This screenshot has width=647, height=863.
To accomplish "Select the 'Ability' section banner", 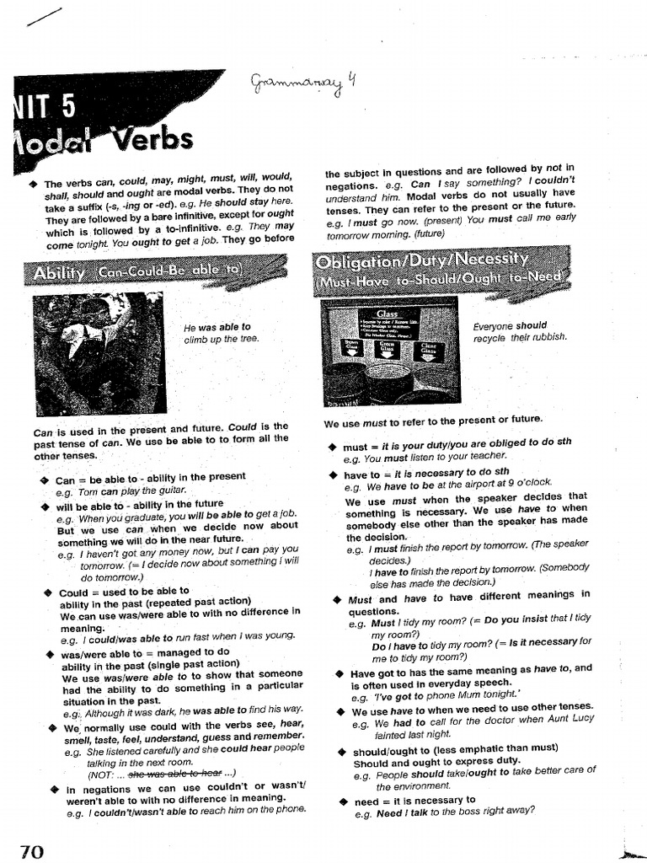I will click(135, 272).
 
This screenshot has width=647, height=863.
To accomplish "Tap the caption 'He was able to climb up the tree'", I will click(222, 333).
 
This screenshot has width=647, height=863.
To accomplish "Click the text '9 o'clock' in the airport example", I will click(528, 483).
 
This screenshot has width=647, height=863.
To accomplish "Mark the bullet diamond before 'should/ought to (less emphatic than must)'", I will click(342, 751).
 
